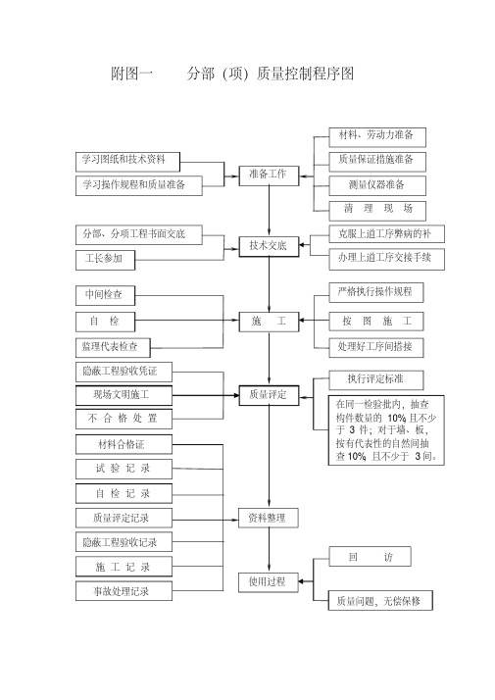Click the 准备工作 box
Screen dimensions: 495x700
click(269, 175)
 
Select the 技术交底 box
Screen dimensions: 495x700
click(269, 245)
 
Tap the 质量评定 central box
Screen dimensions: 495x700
click(269, 395)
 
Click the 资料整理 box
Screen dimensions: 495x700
click(268, 518)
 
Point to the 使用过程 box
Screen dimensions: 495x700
click(268, 581)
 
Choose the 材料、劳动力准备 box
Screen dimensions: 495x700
click(377, 137)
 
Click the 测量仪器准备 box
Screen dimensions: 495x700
click(377, 185)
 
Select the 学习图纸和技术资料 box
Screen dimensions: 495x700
click(127, 162)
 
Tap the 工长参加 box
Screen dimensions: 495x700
click(105, 260)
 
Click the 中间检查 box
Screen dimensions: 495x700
click(105, 295)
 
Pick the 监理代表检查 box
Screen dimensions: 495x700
click(113, 347)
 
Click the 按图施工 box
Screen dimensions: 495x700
click(375, 322)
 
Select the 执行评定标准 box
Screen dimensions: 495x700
click(375, 380)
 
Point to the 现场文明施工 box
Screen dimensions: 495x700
click(124, 395)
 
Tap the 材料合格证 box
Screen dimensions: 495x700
click(124, 445)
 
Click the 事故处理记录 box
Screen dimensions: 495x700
click(124, 591)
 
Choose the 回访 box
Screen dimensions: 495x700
click(370, 556)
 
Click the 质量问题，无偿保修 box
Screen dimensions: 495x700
click(380, 601)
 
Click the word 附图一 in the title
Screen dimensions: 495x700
click(131, 74)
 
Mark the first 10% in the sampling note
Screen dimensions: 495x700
click(396, 419)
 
